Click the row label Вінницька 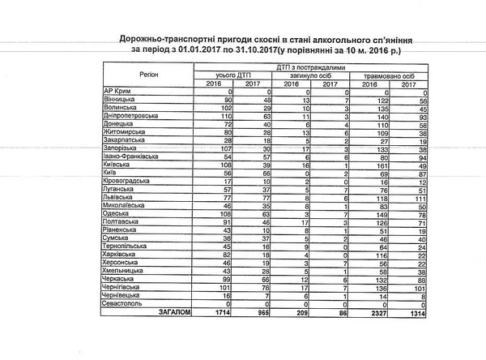121,98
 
